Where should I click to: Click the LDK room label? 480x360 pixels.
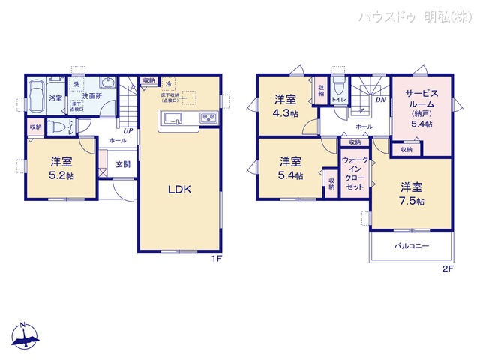click(x=180, y=190)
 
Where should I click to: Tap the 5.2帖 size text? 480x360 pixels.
click(x=61, y=175)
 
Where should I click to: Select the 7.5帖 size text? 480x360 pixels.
click(x=411, y=202)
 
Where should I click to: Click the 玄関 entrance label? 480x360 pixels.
click(x=122, y=164)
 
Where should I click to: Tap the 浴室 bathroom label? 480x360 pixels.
click(x=56, y=97)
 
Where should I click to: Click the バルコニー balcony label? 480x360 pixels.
click(x=411, y=246)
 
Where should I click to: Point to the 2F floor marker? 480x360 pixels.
click(x=448, y=268)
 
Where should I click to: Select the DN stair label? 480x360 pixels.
click(x=380, y=100)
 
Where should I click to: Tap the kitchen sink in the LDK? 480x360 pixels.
click(x=169, y=117)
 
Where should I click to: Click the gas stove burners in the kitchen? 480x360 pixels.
click(x=208, y=118)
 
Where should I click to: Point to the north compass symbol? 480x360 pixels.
click(x=25, y=335)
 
